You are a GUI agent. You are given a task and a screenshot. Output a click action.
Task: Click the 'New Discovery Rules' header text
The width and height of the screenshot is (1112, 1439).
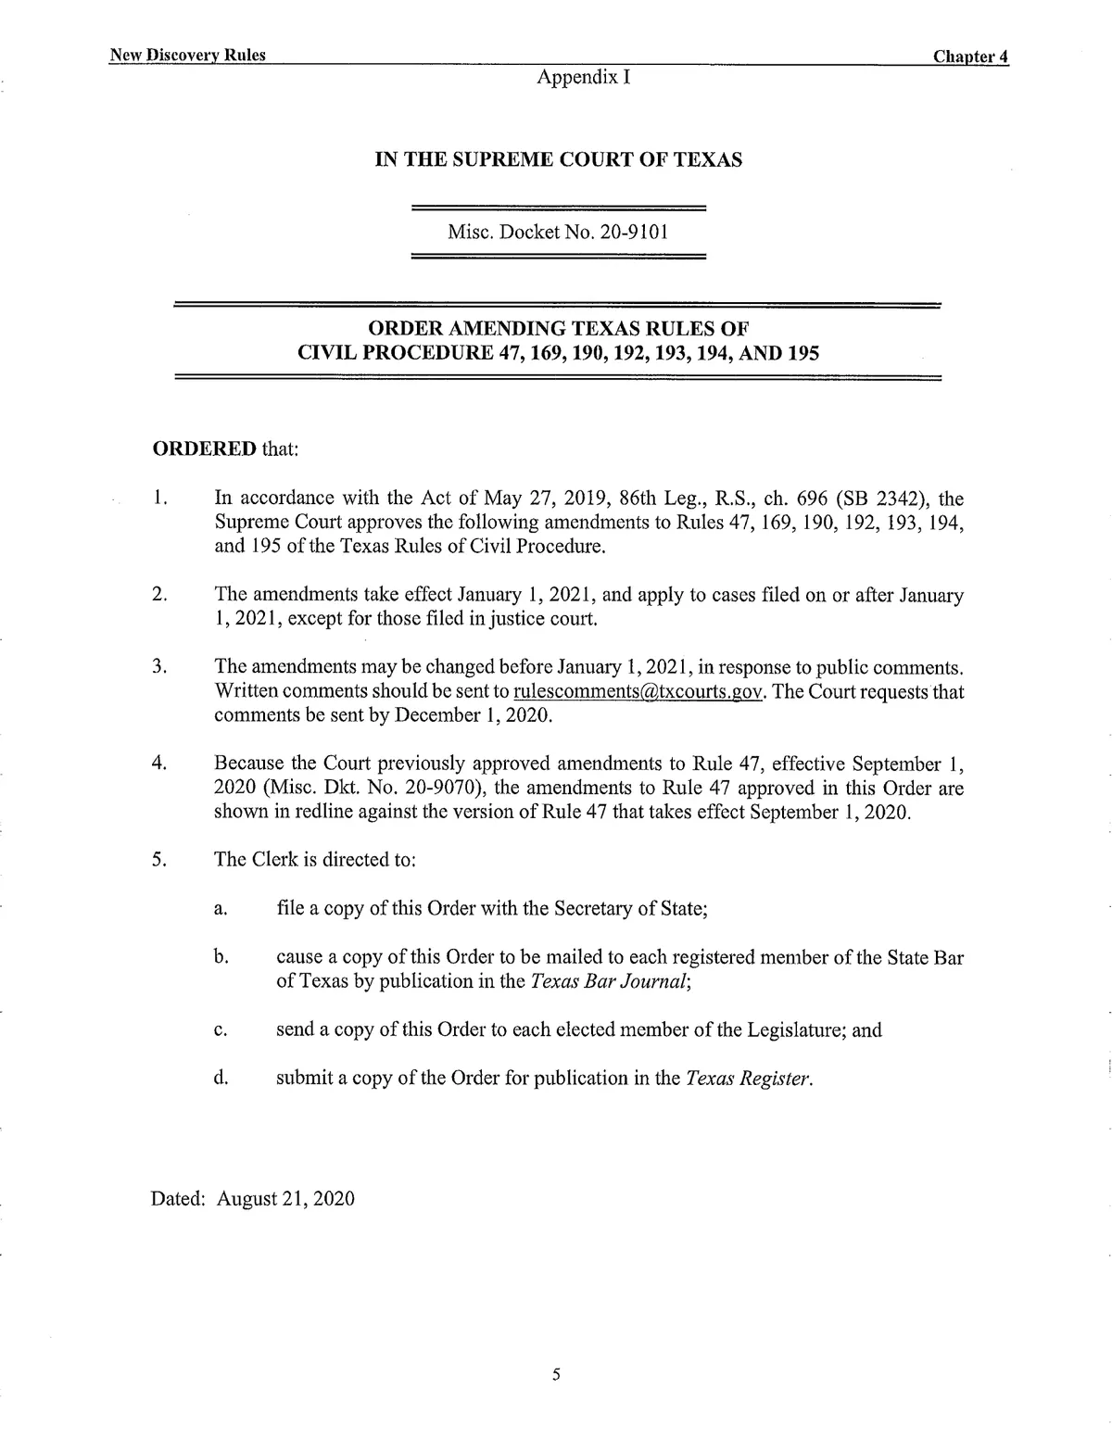click(187, 56)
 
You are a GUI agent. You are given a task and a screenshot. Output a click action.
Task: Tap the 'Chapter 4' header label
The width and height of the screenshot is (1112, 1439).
click(970, 57)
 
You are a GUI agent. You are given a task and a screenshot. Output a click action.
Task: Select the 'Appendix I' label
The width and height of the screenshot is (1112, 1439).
click(584, 77)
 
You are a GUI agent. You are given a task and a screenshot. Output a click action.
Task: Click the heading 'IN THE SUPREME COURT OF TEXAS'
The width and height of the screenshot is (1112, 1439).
click(558, 160)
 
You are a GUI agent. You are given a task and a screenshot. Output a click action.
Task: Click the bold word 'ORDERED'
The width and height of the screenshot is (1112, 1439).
click(204, 449)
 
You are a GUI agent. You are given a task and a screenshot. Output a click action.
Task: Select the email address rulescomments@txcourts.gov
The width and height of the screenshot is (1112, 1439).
click(638, 691)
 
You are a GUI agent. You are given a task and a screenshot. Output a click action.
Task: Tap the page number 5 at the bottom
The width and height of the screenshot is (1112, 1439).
click(556, 1374)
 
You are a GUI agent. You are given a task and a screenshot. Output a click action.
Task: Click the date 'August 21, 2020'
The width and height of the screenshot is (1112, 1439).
click(285, 1198)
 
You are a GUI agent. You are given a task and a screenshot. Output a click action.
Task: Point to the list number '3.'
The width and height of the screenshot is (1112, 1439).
click(158, 666)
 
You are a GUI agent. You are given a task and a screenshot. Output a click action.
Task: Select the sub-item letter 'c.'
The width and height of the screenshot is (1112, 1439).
click(221, 1030)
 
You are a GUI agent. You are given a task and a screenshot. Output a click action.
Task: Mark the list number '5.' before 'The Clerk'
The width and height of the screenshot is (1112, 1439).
click(158, 859)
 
